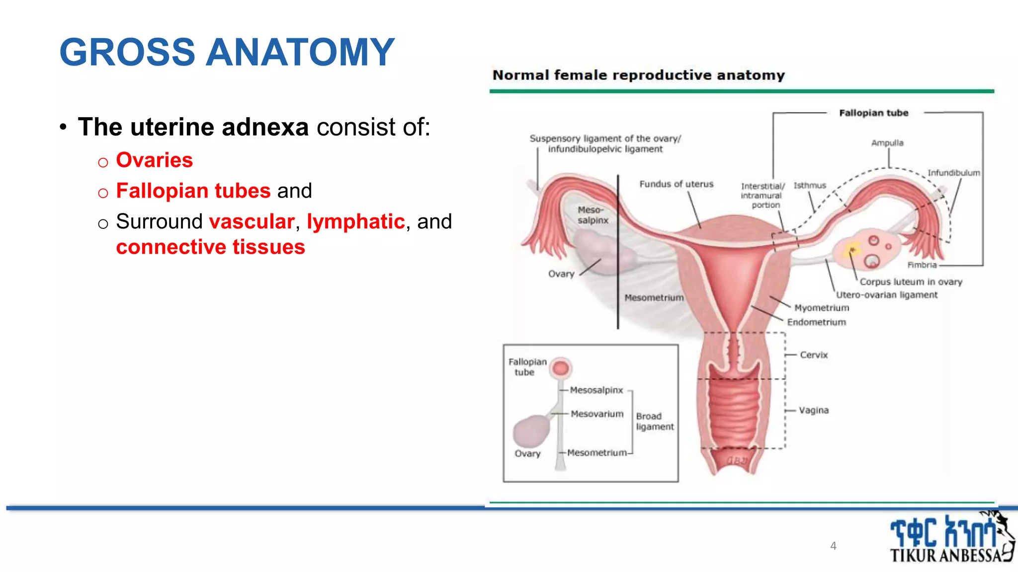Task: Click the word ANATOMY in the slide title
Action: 300,53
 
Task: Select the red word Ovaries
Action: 154,160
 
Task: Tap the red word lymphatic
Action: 355,221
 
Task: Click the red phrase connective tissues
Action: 210,247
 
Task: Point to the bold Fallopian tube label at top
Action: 873,113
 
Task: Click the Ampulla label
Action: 887,143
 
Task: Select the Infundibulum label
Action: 953,173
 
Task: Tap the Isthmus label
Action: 809,186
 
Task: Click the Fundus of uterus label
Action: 676,184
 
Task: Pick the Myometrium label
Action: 821,308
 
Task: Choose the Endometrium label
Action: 816,322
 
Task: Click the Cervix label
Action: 814,355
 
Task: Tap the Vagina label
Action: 814,410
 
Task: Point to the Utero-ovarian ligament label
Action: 886,295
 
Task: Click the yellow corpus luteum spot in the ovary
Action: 852,249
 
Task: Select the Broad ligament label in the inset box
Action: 654,422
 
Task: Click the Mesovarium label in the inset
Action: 596,414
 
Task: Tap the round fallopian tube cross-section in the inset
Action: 561,368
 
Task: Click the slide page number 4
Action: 833,546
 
